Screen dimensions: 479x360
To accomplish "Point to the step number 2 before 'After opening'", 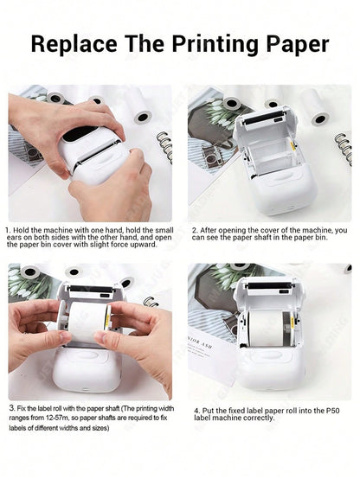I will coord(194,229).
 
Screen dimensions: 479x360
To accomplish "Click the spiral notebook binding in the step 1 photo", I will coord(164,147).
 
